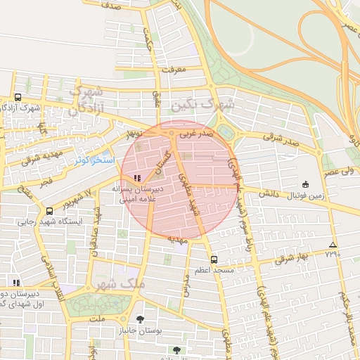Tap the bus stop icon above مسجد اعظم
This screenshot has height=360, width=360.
214,259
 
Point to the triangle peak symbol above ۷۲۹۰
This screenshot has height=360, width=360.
333,245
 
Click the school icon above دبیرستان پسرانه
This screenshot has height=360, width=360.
137,178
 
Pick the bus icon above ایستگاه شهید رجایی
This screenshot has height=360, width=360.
49,210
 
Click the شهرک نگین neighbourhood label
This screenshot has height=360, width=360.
200,104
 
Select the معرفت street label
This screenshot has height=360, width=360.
172,70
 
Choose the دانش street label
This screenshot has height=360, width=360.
268,193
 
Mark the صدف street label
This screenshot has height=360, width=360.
111,6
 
